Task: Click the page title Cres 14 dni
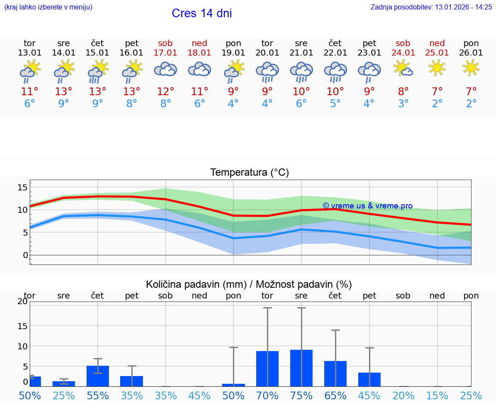click(x=201, y=13)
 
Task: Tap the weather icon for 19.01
click(x=233, y=71)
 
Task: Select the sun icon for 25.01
click(x=437, y=68)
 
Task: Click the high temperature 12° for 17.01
click(x=165, y=92)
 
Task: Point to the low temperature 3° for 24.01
click(x=403, y=104)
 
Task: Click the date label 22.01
click(x=335, y=53)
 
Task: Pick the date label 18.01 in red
click(x=199, y=53)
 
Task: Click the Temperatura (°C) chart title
click(x=249, y=173)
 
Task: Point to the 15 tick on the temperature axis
click(x=22, y=187)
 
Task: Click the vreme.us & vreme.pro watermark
click(x=367, y=206)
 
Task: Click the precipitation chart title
click(x=249, y=284)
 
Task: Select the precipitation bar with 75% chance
click(x=301, y=368)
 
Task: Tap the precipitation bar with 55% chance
click(x=98, y=376)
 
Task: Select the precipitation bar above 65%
click(x=335, y=373)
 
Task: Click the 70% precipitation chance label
click(x=267, y=395)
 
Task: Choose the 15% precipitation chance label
click(x=437, y=395)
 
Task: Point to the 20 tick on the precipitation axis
click(x=22, y=302)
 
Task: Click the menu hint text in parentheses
click(x=48, y=7)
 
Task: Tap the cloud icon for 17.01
click(x=165, y=69)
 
